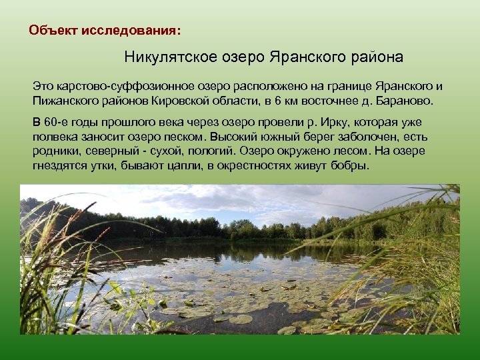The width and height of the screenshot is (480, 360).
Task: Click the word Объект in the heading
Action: (x=50, y=31)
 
